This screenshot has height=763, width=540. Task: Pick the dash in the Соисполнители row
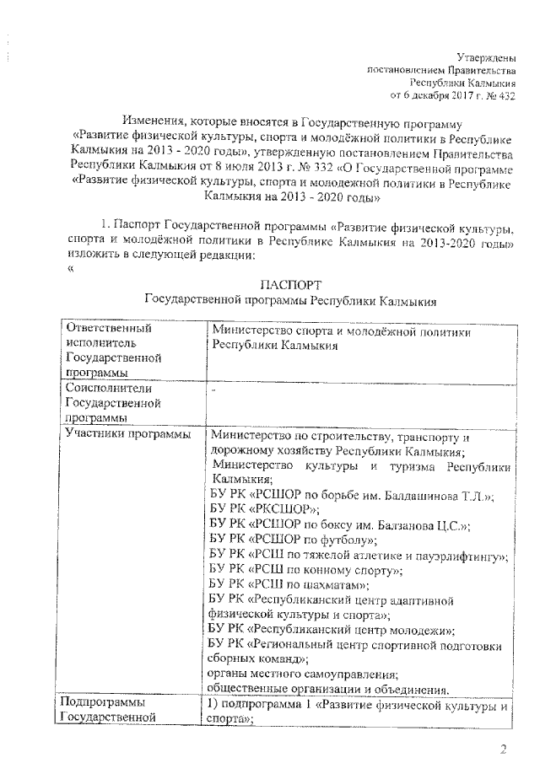pyautogui.click(x=215, y=390)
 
